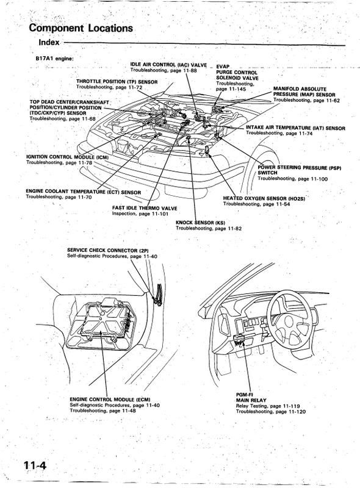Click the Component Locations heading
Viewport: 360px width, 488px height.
81,28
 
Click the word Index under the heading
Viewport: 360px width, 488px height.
49,42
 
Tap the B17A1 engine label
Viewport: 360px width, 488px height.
55,58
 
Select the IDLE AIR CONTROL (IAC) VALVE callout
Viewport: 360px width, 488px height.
168,65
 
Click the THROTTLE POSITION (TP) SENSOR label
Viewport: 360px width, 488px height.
117,82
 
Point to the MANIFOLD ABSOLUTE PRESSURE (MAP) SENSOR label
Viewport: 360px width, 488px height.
304,92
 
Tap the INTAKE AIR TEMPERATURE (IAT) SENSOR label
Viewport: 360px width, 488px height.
295,128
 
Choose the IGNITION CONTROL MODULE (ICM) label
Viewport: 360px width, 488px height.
67,157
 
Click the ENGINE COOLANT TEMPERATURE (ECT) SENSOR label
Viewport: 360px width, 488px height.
83,192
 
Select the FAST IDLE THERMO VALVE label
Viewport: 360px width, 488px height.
145,208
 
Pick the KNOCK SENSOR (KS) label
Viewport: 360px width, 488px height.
200,223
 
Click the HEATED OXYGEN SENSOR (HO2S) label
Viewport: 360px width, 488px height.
264,198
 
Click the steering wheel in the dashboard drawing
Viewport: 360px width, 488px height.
289,318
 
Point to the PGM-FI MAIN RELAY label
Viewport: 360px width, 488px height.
251,398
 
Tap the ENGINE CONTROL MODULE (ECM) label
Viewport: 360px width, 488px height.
110,400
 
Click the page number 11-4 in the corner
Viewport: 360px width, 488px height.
35,465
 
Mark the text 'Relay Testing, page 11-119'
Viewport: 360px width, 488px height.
268,406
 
